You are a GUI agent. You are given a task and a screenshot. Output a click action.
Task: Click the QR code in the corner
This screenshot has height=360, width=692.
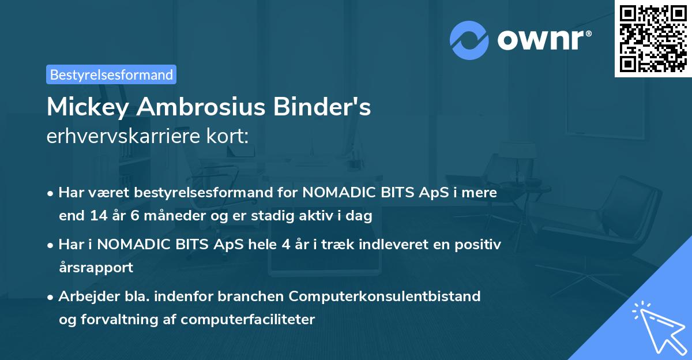pos(653,38)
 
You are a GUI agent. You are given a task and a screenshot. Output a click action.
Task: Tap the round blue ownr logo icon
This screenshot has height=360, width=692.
pos(469,40)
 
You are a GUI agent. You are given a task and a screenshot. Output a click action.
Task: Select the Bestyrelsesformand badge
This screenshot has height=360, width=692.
pos(111,74)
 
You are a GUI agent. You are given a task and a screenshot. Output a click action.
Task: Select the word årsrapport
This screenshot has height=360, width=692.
pos(96,268)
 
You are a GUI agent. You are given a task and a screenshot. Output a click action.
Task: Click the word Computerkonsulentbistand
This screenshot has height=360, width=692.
pos(385,296)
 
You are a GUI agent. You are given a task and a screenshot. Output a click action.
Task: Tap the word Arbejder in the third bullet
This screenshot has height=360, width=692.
pos(84,296)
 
